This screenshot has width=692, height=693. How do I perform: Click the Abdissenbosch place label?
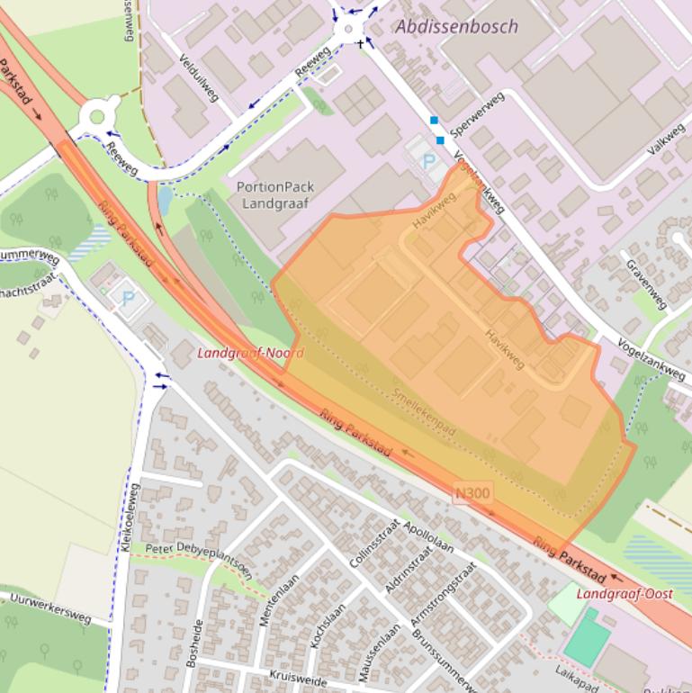point(456,26)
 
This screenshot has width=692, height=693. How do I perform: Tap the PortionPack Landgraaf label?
point(275,195)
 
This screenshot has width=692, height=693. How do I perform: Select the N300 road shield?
point(473,493)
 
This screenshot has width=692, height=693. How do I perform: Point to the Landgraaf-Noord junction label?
point(250,353)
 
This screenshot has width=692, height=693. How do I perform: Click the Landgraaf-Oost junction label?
point(625,594)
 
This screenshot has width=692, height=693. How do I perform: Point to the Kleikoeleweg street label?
point(127,517)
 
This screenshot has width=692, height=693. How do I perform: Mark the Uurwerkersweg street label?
point(50,607)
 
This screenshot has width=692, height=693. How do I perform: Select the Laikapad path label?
point(577,674)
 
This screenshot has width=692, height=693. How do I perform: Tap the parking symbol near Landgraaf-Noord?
point(128,298)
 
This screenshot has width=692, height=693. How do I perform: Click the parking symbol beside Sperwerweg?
point(428,162)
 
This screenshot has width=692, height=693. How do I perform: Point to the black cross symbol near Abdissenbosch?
point(361,42)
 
